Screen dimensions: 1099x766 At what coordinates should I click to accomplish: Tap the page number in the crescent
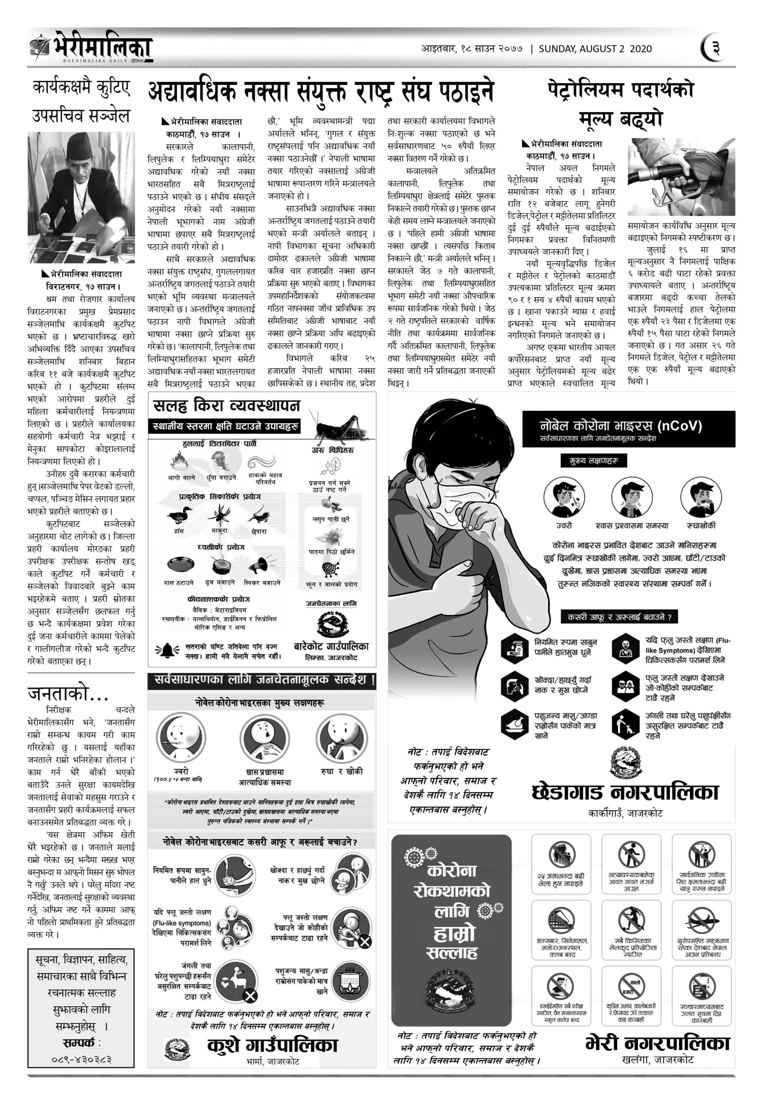[715, 49]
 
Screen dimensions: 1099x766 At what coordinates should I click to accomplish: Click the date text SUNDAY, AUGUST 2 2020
[595, 49]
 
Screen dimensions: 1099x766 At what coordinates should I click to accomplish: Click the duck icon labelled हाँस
[179, 516]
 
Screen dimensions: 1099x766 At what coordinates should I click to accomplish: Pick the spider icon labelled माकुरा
[219, 516]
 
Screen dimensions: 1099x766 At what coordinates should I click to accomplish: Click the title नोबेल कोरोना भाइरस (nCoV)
[620, 425]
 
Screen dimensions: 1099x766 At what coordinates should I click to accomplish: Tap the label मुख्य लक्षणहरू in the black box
[593, 461]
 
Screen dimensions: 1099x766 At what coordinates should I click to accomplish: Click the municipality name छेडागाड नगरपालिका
[625, 792]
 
